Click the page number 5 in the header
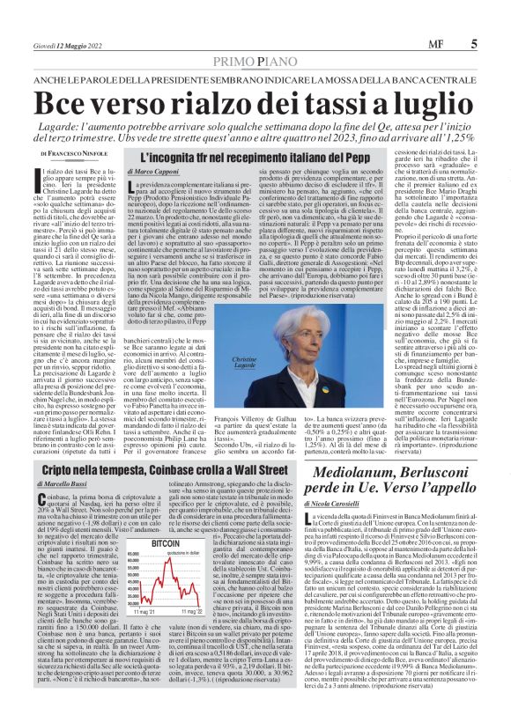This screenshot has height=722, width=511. tap(474, 42)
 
